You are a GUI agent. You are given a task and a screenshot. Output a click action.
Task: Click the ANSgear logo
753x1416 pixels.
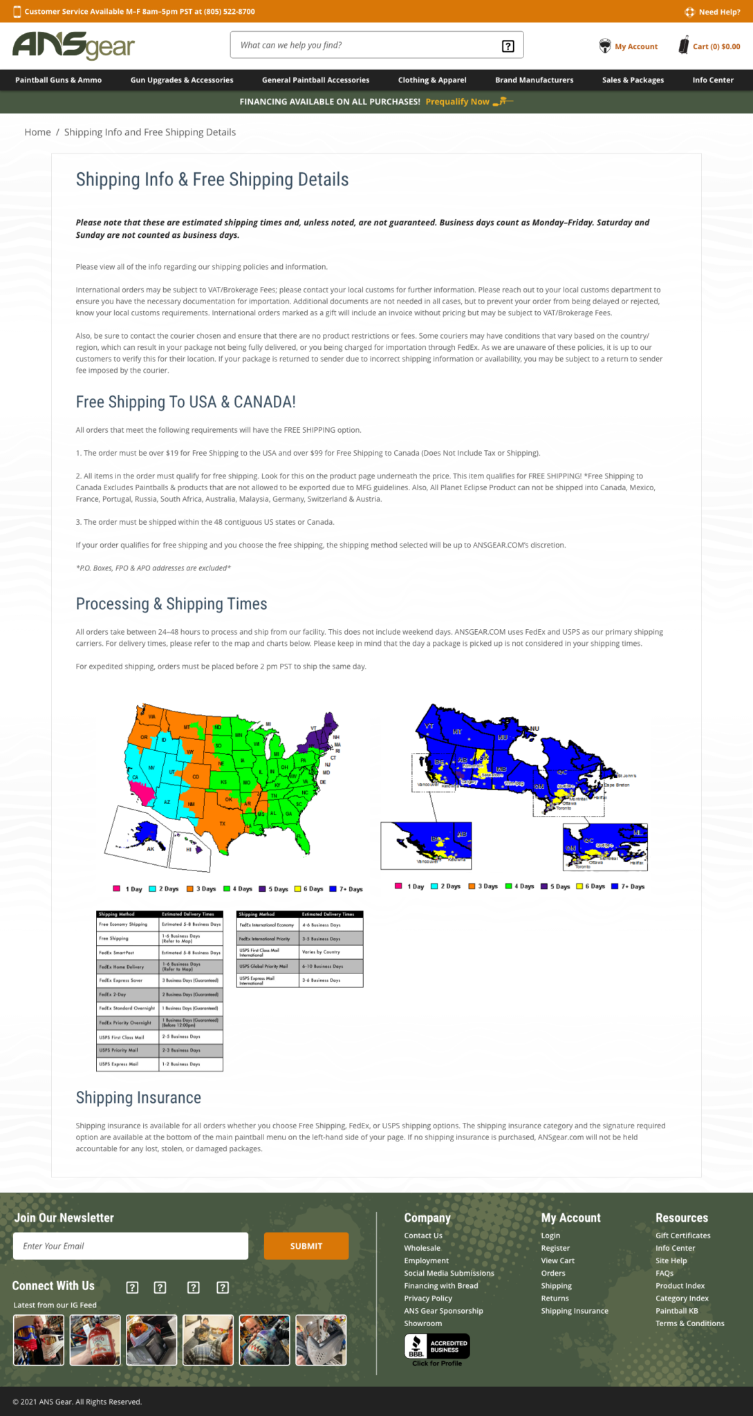pyautogui.click(x=73, y=46)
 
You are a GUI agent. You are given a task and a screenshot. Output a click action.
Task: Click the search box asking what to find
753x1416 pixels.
pyautogui.click(x=366, y=46)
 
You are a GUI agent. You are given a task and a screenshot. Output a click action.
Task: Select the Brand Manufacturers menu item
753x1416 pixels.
pyautogui.click(x=534, y=80)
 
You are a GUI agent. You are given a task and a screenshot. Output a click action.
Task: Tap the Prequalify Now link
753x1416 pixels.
pyautogui.click(x=458, y=102)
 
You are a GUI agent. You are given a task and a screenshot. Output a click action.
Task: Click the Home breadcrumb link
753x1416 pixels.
pyautogui.click(x=37, y=132)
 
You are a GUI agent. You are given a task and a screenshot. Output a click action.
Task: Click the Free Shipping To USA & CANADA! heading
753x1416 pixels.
pyautogui.click(x=185, y=402)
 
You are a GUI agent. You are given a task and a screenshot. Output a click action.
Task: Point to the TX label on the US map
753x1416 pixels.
pyautogui.click(x=223, y=823)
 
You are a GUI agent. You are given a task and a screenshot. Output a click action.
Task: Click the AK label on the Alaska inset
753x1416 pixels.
pyautogui.click(x=151, y=849)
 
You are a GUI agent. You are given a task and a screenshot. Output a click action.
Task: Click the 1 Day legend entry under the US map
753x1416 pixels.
pyautogui.click(x=129, y=889)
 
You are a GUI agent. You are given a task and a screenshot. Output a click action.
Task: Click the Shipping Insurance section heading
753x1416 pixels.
pyautogui.click(x=138, y=1098)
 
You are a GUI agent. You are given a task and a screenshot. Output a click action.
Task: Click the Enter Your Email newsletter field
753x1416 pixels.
pyautogui.click(x=131, y=1246)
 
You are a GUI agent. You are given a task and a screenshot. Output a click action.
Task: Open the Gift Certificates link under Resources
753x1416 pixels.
pyautogui.click(x=682, y=1236)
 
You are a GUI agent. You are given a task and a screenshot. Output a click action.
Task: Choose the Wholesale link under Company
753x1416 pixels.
pyautogui.click(x=422, y=1248)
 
